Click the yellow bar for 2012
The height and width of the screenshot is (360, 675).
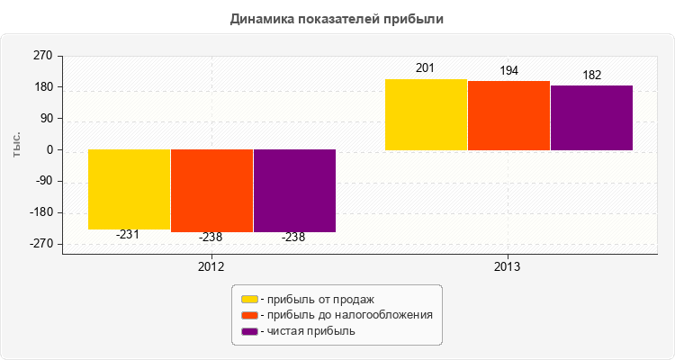(129, 189)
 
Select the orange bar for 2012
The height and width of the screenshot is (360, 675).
(211, 191)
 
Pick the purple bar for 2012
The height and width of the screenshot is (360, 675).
(294, 191)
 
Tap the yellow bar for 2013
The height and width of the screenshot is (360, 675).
(426, 114)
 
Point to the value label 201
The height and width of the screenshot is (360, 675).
(426, 68)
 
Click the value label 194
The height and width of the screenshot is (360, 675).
(508, 70)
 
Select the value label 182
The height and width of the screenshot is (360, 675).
(591, 75)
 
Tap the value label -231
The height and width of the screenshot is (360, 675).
(129, 235)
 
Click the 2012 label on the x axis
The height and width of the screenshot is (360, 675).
(211, 267)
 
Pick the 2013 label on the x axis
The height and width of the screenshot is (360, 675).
(508, 267)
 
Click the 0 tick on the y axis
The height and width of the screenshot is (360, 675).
(49, 149)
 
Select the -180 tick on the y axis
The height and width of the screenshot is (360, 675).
(41, 212)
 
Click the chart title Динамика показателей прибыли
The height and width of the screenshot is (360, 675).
(337, 18)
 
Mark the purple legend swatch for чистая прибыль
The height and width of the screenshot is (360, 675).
(249, 331)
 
